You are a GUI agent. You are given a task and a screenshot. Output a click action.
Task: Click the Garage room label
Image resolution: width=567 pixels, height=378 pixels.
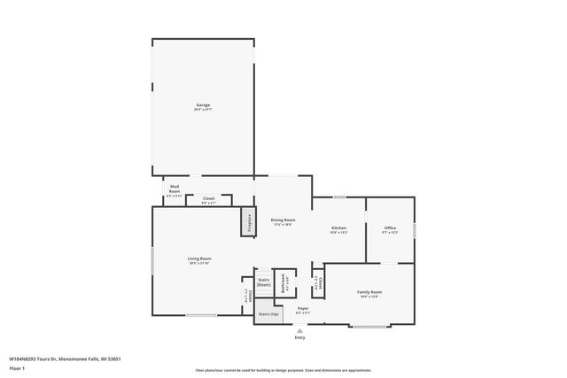(203, 107)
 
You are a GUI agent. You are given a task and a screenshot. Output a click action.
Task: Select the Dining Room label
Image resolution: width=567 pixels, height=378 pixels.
(283, 222)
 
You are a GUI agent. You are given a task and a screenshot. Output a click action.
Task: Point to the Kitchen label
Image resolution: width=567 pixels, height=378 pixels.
(338, 229)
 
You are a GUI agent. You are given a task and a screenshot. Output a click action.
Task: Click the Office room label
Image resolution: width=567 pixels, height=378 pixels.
(390, 229)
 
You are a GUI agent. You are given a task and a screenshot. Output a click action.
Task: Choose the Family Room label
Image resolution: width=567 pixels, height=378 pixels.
(369, 294)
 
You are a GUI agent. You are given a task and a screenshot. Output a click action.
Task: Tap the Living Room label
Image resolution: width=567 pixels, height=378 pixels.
(199, 260)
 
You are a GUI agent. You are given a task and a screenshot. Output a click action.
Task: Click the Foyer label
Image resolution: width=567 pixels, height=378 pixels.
(302, 310)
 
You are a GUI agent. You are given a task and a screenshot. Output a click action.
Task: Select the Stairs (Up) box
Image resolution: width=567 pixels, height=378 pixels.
(268, 313)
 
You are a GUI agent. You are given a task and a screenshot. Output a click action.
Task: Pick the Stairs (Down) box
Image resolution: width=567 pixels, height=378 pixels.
(263, 282)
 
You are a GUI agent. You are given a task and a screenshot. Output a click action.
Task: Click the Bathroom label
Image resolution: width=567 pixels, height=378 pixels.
(284, 284)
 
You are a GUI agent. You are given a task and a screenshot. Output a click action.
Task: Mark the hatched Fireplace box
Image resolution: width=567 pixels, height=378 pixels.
(248, 222)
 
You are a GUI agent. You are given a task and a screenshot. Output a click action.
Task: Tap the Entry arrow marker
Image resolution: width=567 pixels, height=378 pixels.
(299, 330)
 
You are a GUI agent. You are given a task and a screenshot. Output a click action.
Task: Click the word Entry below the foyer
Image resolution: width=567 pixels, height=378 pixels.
(299, 337)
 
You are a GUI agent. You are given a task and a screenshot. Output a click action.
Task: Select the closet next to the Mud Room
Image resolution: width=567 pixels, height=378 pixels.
(209, 200)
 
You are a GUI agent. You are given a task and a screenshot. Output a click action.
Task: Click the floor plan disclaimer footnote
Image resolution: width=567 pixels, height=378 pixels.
(283, 370)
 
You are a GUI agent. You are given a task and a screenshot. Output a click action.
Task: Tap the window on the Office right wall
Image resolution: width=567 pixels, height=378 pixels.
(414, 230)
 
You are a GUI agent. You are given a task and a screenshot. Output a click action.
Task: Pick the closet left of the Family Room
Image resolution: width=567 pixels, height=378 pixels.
(318, 284)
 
